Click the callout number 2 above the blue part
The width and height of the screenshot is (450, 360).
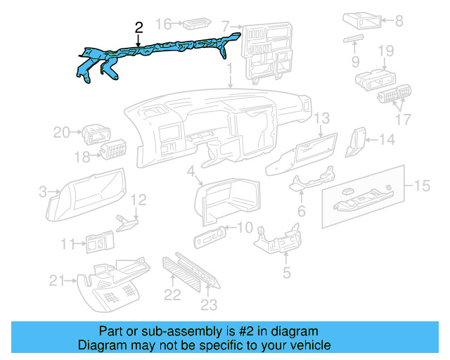point(139,28)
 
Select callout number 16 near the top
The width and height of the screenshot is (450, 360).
point(163,25)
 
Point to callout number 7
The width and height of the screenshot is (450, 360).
point(225,27)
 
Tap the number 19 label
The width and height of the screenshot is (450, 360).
point(385,51)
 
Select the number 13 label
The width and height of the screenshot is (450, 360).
point(321,118)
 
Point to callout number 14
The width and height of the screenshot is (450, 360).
point(387,140)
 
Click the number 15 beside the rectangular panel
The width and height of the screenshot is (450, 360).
point(421,186)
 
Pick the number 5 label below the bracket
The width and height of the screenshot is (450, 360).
point(286,272)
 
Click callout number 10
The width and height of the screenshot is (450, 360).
point(244,227)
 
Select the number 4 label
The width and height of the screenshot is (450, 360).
point(191,172)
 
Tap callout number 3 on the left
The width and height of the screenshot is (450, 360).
point(43,191)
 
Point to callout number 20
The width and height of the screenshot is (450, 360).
point(61,131)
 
